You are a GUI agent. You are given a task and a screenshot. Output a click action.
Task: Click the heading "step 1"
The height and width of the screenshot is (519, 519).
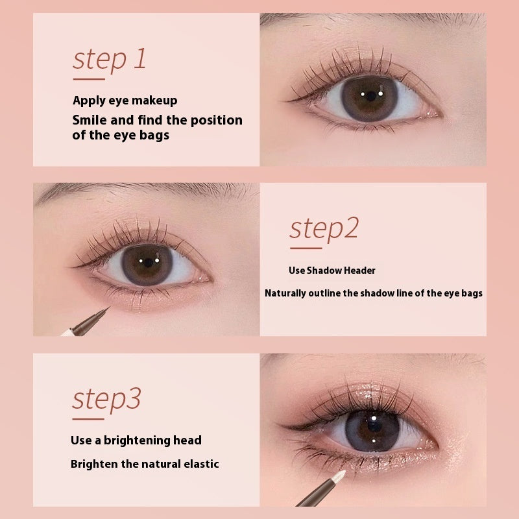click(109, 58)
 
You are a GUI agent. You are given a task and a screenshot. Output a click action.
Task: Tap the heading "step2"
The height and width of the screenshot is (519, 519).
click(323, 228)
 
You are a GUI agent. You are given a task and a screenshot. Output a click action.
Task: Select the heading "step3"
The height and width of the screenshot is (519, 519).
click(106, 399)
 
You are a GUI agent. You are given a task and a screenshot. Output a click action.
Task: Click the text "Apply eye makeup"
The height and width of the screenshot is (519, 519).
click(125, 101)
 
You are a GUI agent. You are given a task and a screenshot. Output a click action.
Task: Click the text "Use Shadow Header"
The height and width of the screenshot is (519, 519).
click(332, 271)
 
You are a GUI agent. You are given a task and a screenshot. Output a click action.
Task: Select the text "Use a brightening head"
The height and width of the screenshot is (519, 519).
click(136, 441)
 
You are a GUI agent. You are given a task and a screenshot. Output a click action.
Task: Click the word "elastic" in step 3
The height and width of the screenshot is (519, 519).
click(198, 464)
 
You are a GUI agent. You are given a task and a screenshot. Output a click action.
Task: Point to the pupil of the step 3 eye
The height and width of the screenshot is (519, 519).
click(372, 430)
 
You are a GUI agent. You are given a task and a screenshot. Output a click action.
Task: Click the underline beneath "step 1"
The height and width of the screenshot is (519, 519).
click(88, 78)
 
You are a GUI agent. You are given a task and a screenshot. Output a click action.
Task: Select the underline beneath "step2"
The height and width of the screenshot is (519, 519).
click(305, 248)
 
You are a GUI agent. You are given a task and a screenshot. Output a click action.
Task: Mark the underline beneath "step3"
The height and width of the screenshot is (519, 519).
click(88, 419)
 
